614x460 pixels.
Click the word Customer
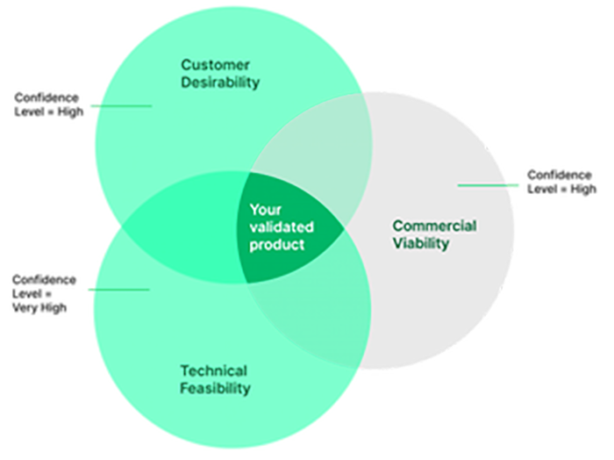tap(215, 65)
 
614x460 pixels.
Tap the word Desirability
tap(220, 83)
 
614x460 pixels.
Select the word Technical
tap(213, 370)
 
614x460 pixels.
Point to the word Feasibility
tap(215, 388)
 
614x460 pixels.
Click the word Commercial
tap(434, 226)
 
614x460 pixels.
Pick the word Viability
tap(420, 244)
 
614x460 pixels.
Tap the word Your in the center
tap(264, 210)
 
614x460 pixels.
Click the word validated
tap(281, 226)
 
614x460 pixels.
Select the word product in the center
tap(276, 244)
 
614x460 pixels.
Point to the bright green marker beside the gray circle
tap(516, 181)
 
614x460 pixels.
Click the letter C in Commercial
tap(396, 226)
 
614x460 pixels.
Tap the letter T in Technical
tap(184, 370)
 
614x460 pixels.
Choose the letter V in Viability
tap(396, 244)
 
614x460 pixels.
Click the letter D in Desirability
tap(185, 83)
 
